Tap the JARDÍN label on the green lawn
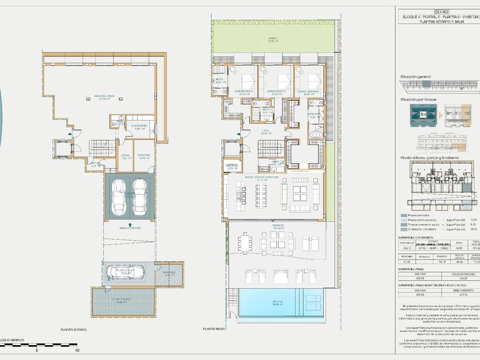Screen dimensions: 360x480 pos(272,39)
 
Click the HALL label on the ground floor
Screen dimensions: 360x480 pos(264,132)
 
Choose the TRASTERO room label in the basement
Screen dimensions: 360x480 pos(144,156)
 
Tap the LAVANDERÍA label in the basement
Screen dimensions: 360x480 pos(139,127)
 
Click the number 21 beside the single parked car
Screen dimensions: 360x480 pos(110,276)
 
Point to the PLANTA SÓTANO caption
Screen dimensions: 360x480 pos(74,329)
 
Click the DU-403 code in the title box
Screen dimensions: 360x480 pos(441,11)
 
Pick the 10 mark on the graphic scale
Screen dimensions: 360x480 pos(77,350)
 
